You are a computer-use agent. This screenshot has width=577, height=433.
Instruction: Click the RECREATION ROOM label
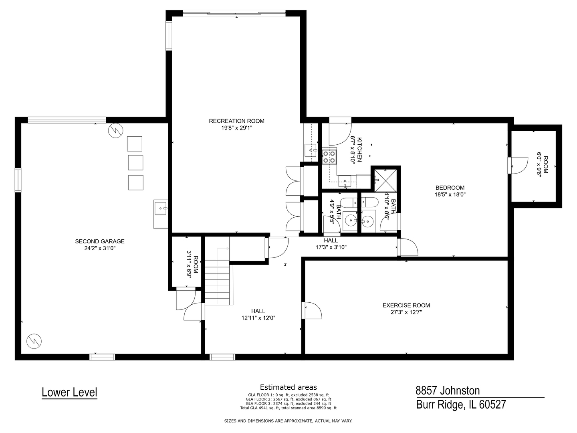[x=236, y=121]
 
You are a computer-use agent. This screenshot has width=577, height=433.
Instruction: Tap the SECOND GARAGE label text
[x=100, y=241]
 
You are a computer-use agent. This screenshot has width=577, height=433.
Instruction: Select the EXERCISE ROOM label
[x=406, y=306]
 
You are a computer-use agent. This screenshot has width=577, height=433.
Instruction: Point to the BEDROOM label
[x=450, y=188]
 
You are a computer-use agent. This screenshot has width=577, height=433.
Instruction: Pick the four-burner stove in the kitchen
[x=329, y=156]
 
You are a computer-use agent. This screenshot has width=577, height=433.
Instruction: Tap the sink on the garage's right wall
[x=161, y=208]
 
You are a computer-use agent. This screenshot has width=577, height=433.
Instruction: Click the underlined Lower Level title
[x=69, y=392]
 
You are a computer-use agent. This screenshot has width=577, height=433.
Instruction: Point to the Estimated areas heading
[x=288, y=387]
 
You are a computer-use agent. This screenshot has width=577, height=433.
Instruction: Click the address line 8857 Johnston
[x=448, y=391]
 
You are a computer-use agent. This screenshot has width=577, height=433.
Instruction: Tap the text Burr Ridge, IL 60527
[x=461, y=404]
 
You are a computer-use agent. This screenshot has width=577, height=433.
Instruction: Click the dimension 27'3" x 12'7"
[x=406, y=312]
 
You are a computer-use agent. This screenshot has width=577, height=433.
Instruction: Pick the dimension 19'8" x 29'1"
[x=236, y=128]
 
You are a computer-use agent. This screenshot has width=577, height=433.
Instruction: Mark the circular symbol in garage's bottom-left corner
[x=34, y=341]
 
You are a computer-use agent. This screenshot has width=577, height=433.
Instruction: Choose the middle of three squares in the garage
[x=135, y=163]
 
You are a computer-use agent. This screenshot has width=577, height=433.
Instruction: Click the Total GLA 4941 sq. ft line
[x=288, y=408]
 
